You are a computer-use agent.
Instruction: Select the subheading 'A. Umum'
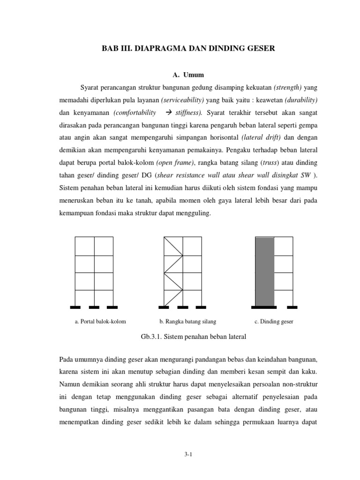pos(187,75)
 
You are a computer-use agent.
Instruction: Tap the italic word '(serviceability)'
pos(182,100)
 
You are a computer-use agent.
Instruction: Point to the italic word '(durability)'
pos(300,100)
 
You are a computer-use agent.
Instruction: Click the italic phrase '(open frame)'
pos(174,163)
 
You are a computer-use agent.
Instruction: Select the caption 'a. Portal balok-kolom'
pos(101,322)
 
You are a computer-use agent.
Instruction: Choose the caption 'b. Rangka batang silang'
pos(188,322)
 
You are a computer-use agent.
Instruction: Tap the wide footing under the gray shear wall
pos(264,307)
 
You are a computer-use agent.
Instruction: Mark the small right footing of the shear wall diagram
pos(292,307)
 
